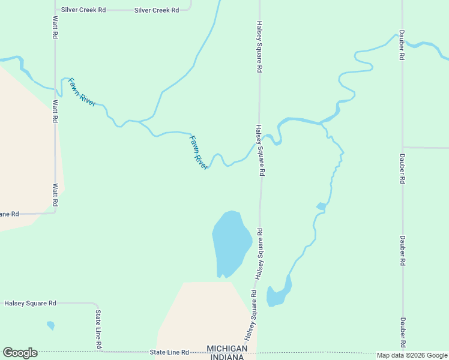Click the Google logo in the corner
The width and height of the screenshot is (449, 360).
pyautogui.click(x=20, y=353)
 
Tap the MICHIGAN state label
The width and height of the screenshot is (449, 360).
pyautogui.click(x=227, y=349)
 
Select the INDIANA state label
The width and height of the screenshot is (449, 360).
pyautogui.click(x=227, y=357)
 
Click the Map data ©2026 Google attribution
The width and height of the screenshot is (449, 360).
pyautogui.click(x=412, y=355)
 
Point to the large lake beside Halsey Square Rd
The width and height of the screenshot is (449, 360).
pyautogui.click(x=230, y=243)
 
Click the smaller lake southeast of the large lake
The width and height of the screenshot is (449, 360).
pyautogui.click(x=277, y=295)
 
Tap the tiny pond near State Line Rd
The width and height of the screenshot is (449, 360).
pyautogui.click(x=50, y=326)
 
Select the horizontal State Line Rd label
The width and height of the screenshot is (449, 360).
pyautogui.click(x=169, y=352)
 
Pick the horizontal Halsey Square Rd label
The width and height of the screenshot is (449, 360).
pyautogui.click(x=30, y=304)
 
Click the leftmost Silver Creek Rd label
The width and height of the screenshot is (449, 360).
pyautogui.click(x=83, y=10)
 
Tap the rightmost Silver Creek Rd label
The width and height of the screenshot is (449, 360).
pyautogui.click(x=157, y=10)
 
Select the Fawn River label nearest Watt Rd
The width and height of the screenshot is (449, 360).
pyautogui.click(x=82, y=92)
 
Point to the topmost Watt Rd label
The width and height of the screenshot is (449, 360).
pyautogui.click(x=55, y=26)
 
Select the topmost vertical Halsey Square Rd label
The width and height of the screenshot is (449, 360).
pyautogui.click(x=259, y=47)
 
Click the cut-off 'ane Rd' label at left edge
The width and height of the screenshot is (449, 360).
pyautogui.click(x=10, y=214)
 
